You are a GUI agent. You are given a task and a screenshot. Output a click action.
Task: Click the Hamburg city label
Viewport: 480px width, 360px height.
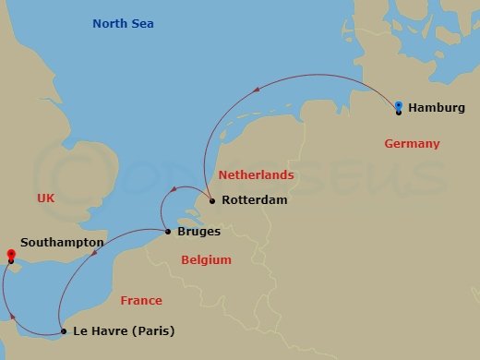[x=437, y=108]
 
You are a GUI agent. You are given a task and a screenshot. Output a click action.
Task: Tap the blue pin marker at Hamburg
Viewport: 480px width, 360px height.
[x=398, y=106]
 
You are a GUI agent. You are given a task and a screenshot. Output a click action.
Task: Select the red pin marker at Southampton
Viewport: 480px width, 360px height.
[x=10, y=254]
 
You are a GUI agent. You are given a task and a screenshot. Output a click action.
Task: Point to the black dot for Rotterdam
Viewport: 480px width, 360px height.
[x=211, y=200]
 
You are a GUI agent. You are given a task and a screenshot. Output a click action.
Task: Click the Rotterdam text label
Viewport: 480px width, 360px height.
[x=255, y=200]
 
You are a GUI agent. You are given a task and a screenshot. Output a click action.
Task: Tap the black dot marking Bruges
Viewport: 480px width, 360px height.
[x=166, y=232]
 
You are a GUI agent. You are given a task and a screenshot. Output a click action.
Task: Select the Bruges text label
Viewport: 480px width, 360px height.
[x=198, y=232]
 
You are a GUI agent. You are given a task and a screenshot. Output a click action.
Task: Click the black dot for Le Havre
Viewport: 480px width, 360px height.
[x=63, y=330]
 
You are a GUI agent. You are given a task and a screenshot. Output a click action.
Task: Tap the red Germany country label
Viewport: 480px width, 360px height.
[x=411, y=144]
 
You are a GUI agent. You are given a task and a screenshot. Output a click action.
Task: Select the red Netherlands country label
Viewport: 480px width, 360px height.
[x=256, y=174]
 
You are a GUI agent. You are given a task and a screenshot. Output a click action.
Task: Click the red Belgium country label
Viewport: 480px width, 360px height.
[x=206, y=261]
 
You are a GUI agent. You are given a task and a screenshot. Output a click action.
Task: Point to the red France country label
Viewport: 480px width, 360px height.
[x=140, y=300]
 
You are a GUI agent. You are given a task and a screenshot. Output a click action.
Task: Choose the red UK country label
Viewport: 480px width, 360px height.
[x=46, y=198]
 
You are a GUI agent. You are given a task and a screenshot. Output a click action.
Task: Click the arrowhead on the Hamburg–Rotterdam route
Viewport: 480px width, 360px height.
[x=256, y=88]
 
